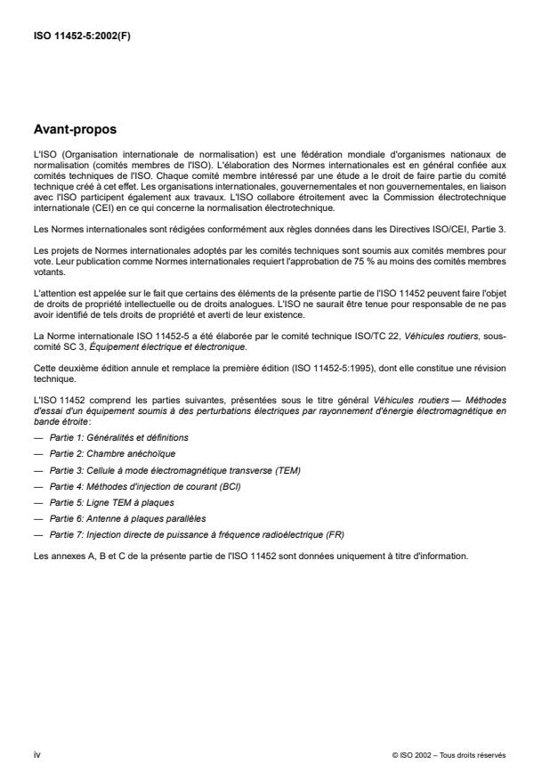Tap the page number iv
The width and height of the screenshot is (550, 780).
point(36,753)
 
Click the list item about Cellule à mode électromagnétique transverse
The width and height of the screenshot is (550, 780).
point(156,470)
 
